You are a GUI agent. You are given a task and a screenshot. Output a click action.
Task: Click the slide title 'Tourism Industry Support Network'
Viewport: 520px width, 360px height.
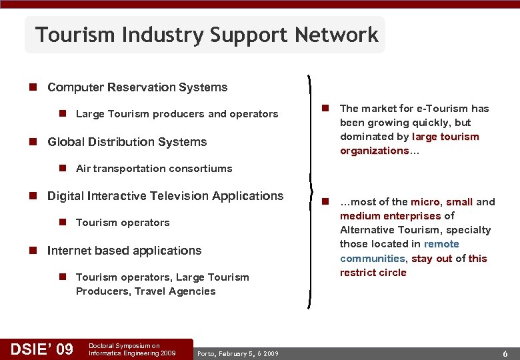click(x=207, y=35)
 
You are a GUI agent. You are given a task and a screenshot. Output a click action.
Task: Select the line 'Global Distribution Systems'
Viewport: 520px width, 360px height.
click(x=127, y=141)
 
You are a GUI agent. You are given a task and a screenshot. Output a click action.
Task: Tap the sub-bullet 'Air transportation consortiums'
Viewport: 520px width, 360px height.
click(x=154, y=169)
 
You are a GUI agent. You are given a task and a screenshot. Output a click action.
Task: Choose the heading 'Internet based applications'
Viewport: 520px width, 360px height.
click(x=124, y=251)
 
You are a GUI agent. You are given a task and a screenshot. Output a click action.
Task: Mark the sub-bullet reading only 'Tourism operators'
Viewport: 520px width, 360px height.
click(x=123, y=223)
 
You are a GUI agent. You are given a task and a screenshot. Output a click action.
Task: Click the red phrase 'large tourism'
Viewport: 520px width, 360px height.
click(x=445, y=137)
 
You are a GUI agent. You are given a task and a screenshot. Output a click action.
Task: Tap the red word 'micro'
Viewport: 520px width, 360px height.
click(x=425, y=202)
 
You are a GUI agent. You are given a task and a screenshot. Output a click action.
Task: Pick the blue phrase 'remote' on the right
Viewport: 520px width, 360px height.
click(x=441, y=244)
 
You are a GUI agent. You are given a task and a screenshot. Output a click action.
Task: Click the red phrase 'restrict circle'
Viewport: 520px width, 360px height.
click(x=373, y=273)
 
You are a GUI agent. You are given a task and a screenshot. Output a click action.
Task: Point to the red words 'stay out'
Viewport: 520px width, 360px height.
click(x=431, y=259)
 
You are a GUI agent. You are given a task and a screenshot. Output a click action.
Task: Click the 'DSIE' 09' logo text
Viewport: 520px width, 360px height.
click(x=41, y=348)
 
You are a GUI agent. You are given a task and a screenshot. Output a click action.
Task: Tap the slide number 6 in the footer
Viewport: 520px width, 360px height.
click(x=505, y=353)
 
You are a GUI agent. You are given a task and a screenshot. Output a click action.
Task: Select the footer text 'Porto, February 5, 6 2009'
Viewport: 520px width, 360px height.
click(x=238, y=353)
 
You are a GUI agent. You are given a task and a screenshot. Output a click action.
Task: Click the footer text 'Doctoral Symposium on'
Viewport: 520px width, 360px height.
click(x=124, y=345)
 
